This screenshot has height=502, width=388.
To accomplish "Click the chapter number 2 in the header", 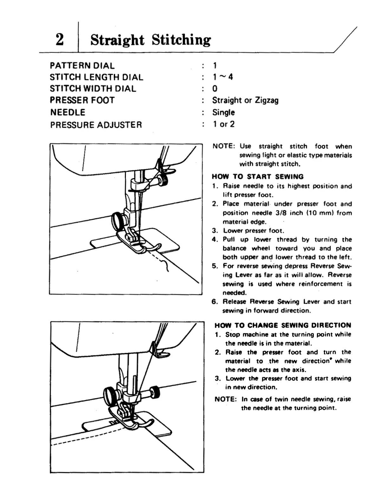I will click(60, 40).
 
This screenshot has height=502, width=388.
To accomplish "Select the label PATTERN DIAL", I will click(82, 66).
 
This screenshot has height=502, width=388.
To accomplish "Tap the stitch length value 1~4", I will click(223, 77).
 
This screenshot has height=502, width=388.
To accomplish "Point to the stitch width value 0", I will click(215, 89).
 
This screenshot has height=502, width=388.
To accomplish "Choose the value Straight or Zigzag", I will click(245, 100).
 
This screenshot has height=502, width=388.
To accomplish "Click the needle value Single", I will click(223, 113).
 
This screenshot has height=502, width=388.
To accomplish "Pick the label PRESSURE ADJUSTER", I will click(96, 125).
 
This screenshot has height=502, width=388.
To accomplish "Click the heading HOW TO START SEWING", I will click(258, 177).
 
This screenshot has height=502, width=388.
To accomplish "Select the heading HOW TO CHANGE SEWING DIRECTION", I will click(283, 325).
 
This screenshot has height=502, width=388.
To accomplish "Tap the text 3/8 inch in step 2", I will click(281, 213).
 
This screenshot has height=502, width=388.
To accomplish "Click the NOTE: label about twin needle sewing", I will click(226, 399).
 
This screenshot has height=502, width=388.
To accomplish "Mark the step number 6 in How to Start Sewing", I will click(215, 302).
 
